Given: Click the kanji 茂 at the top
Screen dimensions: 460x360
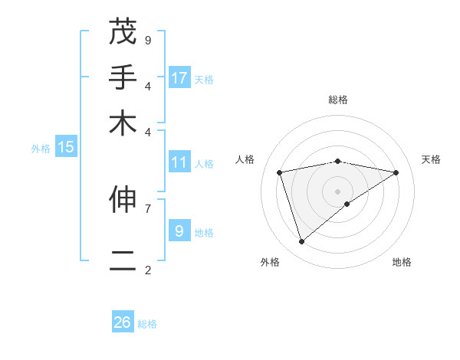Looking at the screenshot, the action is click(123, 33).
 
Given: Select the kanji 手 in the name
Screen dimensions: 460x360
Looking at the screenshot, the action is click(123, 78).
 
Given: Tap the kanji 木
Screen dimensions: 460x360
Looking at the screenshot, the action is click(123, 123).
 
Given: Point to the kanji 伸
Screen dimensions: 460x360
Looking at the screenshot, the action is click(123, 201).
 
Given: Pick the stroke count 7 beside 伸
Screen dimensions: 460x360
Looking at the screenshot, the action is click(148, 208).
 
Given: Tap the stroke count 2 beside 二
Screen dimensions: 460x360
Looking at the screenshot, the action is click(148, 270).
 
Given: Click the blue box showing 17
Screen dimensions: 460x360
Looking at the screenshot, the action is click(179, 77).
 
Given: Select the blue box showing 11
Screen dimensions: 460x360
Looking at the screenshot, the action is click(179, 162).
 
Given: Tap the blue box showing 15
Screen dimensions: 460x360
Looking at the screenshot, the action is click(66, 148).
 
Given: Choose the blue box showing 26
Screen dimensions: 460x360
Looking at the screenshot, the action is click(123, 322).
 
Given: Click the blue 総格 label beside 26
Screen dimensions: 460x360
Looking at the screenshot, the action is click(147, 324).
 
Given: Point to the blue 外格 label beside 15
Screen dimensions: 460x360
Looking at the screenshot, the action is click(41, 149).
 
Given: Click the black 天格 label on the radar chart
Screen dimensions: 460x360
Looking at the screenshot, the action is click(431, 159).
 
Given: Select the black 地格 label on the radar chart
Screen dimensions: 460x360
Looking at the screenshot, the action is click(402, 262).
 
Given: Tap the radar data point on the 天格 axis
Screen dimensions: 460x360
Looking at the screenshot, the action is click(396, 172).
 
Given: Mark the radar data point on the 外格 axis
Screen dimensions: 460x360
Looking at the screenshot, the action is click(301, 242).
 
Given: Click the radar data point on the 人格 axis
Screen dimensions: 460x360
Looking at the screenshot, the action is click(280, 172).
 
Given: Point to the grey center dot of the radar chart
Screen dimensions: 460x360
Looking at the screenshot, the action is click(338, 191).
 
